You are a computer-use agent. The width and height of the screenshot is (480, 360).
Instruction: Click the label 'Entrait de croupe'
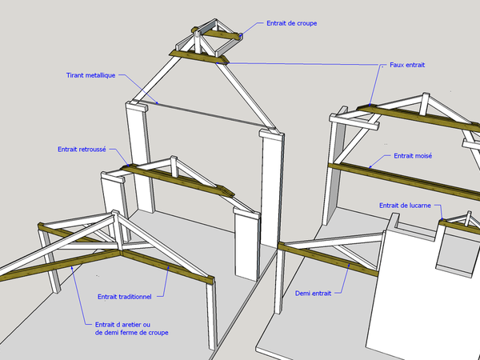click(x=291, y=23)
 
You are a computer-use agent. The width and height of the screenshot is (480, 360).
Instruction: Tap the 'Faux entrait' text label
click(x=407, y=65)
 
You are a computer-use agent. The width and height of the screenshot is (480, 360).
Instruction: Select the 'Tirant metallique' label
click(x=91, y=75)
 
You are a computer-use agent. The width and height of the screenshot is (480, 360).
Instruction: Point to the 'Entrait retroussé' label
click(x=82, y=150)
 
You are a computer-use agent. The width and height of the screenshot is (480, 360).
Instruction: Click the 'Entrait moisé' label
click(x=413, y=156)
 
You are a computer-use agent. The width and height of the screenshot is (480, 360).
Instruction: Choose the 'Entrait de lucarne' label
click(x=405, y=206)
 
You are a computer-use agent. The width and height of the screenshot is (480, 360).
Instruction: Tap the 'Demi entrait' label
click(x=313, y=294)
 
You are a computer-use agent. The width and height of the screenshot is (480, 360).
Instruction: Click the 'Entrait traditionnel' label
click(x=125, y=297)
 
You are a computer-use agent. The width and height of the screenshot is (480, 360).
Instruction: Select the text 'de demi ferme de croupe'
click(x=132, y=333)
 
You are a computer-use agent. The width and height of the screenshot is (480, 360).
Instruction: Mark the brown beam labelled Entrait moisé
click(x=404, y=181)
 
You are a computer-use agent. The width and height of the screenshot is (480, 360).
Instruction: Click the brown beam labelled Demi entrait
click(x=328, y=259)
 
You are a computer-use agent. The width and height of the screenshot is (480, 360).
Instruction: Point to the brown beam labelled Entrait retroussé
click(x=178, y=180)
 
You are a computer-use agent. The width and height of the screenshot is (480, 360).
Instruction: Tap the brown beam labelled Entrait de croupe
click(x=217, y=34)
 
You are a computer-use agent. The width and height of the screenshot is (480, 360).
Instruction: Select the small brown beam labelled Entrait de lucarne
click(x=459, y=227)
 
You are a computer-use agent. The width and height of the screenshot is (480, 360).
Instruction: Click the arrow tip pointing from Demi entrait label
click(x=350, y=264)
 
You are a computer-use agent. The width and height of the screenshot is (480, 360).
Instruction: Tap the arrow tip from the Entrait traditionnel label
click(x=169, y=266)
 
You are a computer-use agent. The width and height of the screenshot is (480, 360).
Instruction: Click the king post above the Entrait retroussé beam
click(x=174, y=166)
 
